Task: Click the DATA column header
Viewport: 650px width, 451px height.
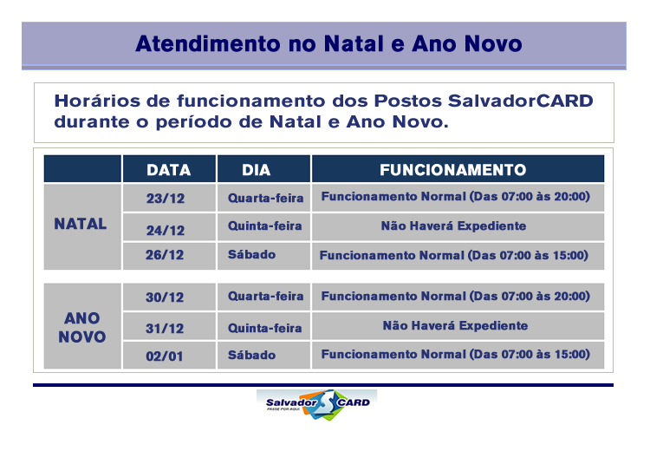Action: tap(169, 170)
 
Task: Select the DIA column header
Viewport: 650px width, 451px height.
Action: tap(257, 170)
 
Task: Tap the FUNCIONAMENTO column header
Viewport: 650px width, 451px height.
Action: tap(453, 170)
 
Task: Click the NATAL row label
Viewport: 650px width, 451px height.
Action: tap(81, 224)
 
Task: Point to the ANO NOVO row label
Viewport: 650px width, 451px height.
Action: tap(82, 327)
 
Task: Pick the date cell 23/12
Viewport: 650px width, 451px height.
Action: tap(166, 199)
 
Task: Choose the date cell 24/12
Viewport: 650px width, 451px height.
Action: tap(166, 231)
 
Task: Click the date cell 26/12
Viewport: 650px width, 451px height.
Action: tap(165, 255)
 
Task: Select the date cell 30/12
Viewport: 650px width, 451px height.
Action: tap(165, 297)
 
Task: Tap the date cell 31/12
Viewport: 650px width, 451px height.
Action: tap(165, 329)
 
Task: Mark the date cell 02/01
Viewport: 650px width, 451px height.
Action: tap(165, 356)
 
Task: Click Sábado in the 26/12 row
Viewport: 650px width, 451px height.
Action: tap(251, 254)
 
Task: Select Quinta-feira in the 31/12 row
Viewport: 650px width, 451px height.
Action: tap(265, 328)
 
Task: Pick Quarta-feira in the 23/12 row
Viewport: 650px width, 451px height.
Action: tap(266, 198)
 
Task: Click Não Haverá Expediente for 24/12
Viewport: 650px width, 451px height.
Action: tap(454, 225)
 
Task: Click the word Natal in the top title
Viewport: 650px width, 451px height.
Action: tap(354, 43)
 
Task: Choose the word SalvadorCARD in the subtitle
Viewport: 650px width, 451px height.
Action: tap(521, 101)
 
